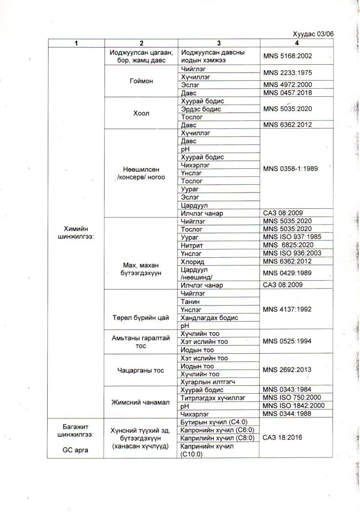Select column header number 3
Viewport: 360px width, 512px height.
[x=219, y=43]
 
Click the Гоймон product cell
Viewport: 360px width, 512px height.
[x=141, y=81]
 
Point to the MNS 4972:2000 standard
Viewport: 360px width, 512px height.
[x=288, y=85]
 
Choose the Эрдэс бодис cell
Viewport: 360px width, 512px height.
[x=201, y=109]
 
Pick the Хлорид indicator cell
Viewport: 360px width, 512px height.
[x=192, y=262]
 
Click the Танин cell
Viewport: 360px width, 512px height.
[x=190, y=301]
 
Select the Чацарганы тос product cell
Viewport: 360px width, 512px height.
[x=141, y=370]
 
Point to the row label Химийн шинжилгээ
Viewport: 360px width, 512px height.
[x=77, y=233]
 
